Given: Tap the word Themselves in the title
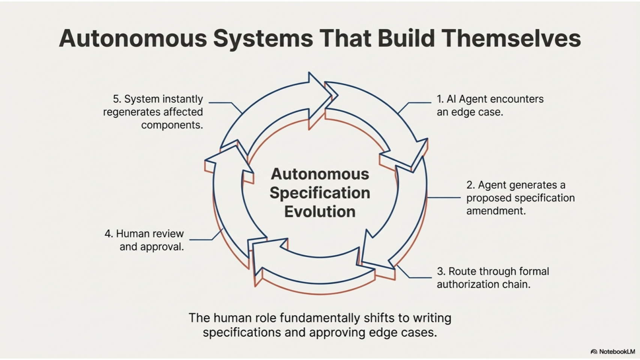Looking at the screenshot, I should pyautogui.click(x=511, y=38).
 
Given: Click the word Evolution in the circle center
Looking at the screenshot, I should pyautogui.click(x=320, y=212).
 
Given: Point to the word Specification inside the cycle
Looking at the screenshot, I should pyautogui.click(x=320, y=193).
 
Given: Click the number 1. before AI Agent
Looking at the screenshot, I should pyautogui.click(x=440, y=99).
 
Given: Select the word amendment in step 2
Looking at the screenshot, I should pyautogui.click(x=496, y=211).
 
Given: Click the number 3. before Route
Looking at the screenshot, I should pyautogui.click(x=441, y=271).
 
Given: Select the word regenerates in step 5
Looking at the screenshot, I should pyautogui.click(x=129, y=112).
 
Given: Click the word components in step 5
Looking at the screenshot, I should pyautogui.click(x=172, y=125).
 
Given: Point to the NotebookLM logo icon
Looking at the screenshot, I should pyautogui.click(x=594, y=352).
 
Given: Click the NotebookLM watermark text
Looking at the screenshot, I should pyautogui.click(x=617, y=352).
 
